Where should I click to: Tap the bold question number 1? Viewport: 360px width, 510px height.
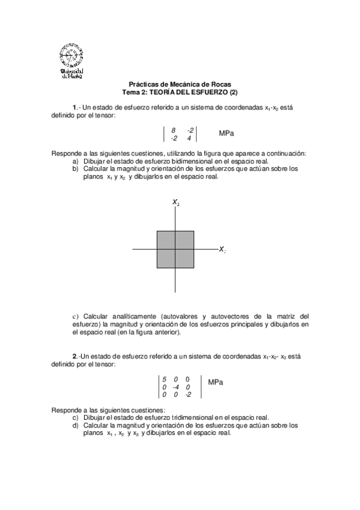click(x=75, y=107)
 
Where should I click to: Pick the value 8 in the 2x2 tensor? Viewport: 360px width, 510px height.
click(x=173, y=130)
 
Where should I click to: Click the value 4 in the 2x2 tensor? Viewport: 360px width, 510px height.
click(x=189, y=138)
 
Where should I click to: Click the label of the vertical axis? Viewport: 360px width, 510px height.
click(x=176, y=203)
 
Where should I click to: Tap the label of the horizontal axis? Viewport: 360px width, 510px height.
click(x=222, y=249)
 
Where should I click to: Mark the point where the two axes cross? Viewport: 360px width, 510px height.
click(x=175, y=249)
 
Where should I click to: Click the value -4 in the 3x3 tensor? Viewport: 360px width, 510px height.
click(x=175, y=387)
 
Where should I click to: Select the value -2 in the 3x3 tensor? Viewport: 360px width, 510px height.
click(x=188, y=395)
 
